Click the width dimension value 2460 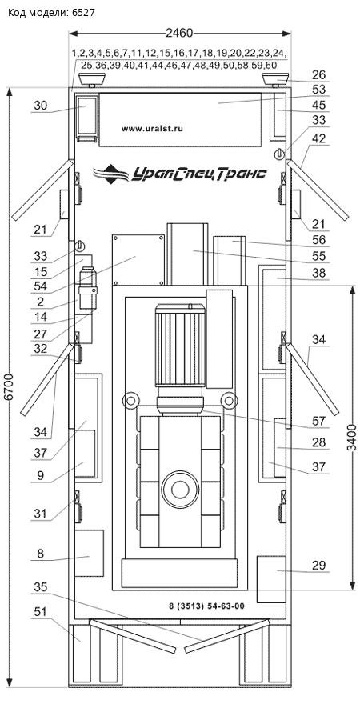(179, 33)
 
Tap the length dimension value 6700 (10, 387)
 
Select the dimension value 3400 (351, 438)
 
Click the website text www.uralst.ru (152, 129)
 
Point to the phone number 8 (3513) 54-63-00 (206, 606)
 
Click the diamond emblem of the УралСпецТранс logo (111, 174)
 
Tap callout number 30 (41, 106)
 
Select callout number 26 (318, 75)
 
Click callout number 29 (318, 566)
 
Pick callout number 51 (41, 612)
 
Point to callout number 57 (318, 421)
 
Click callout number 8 (41, 554)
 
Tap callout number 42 (318, 139)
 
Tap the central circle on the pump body (180, 490)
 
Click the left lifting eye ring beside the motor (130, 401)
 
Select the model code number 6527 (83, 13)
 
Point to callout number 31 (41, 514)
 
